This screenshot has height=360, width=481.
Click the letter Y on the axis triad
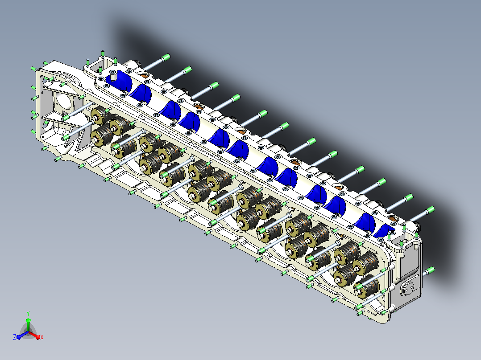pos(28,313)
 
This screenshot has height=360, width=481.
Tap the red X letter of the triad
pos(42,337)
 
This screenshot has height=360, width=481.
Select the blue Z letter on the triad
pos(15,337)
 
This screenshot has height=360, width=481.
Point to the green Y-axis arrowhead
pos(28,320)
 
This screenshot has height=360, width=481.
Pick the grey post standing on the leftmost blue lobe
pos(113,75)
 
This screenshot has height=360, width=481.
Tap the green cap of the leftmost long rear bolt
pos(166,57)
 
